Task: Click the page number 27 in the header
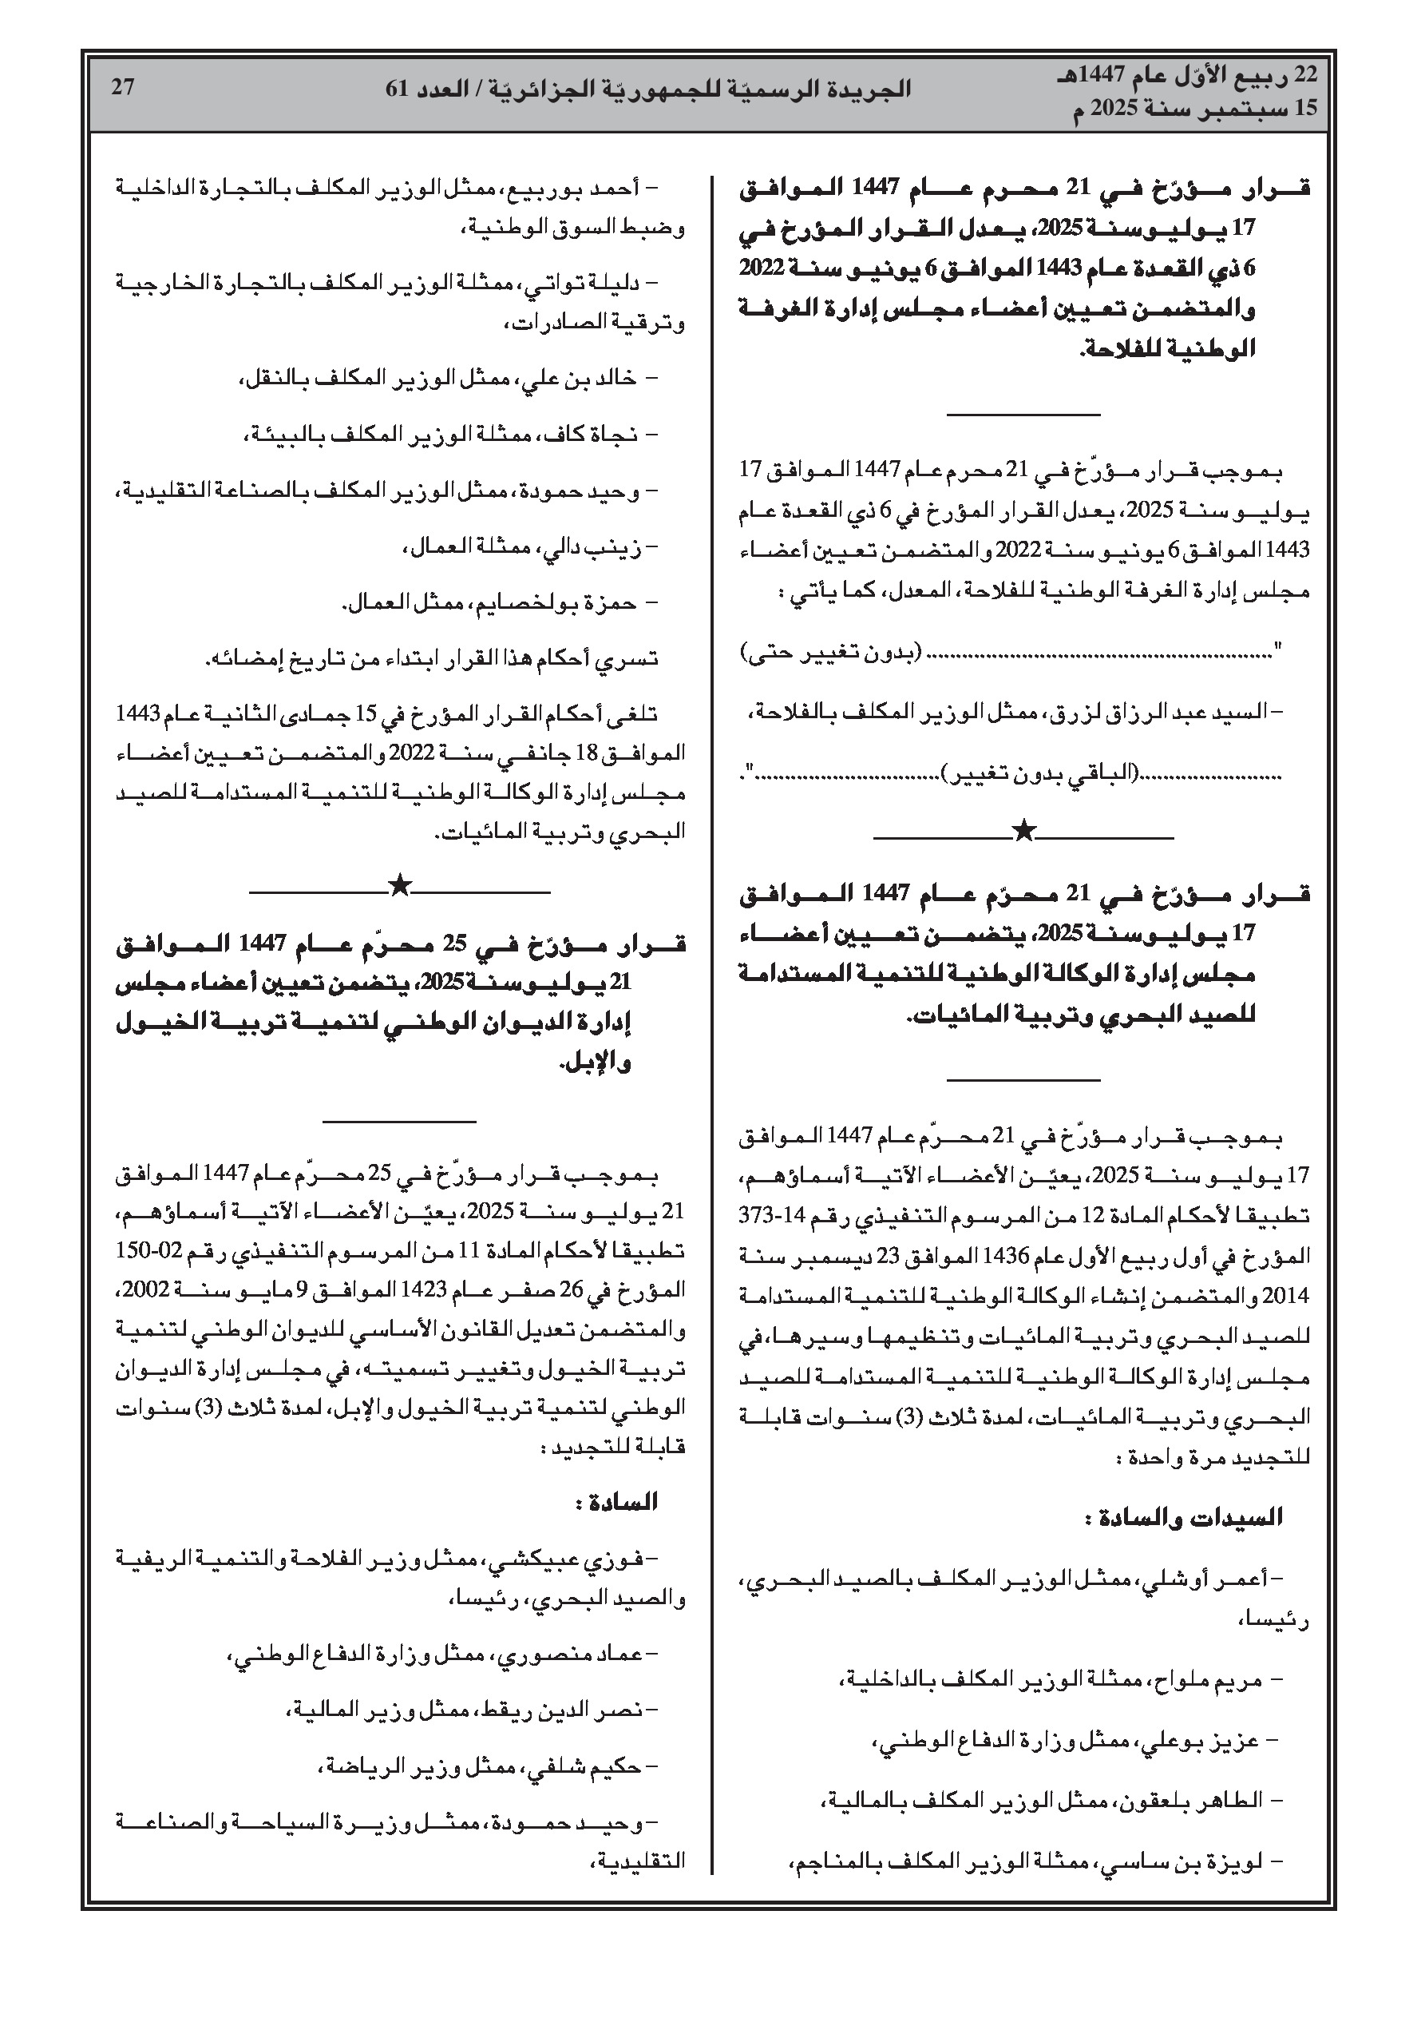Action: click(x=122, y=87)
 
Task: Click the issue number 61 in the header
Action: click(x=397, y=89)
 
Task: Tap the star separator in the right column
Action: click(x=1023, y=830)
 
